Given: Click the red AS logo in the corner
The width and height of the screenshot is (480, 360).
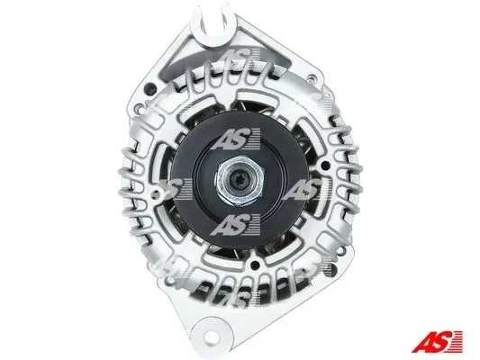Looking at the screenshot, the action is coord(437,341).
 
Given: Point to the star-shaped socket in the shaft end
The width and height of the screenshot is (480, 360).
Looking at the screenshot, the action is coord(240,181).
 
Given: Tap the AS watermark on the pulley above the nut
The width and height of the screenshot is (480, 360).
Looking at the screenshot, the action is coord(236,139).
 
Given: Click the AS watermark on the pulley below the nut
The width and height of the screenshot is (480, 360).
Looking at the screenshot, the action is coord(236,225).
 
